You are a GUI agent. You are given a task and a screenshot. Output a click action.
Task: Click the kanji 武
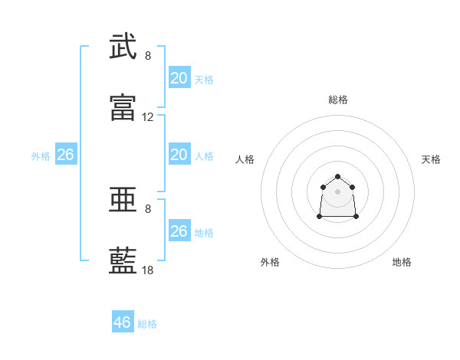click(x=123, y=46)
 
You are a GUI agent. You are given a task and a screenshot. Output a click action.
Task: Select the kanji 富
click(x=123, y=107)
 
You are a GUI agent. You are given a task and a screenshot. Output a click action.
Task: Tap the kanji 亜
click(x=123, y=199)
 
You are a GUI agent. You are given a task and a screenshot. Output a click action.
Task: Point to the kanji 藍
click(x=123, y=260)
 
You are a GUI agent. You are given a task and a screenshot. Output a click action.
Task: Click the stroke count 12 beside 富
click(x=147, y=117)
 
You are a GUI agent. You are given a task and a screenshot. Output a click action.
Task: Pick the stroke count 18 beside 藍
click(x=147, y=270)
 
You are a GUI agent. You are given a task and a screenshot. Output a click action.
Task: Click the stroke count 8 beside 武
click(x=148, y=56)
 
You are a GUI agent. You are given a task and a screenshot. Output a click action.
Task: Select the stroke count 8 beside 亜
click(x=148, y=209)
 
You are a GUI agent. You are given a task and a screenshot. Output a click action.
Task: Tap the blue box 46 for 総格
click(x=123, y=321)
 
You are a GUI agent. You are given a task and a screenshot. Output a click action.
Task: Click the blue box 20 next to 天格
click(x=179, y=77)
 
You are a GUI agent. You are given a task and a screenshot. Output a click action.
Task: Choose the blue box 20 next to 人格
click(x=179, y=154)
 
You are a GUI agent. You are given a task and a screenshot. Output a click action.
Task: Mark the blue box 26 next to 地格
click(x=179, y=230)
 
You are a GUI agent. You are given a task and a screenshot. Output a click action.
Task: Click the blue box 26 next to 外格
click(x=66, y=154)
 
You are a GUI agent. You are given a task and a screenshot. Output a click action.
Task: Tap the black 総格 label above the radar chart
click(x=338, y=100)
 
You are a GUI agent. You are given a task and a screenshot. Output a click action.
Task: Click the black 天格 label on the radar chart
click(x=431, y=159)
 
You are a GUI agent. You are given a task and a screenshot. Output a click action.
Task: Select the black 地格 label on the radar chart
click(x=402, y=262)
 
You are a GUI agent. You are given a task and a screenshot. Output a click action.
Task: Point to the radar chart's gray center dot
click(x=337, y=191)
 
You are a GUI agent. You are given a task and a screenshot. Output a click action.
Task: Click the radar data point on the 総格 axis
click(x=337, y=176)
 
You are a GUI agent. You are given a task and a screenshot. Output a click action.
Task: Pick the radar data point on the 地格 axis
click(x=356, y=217)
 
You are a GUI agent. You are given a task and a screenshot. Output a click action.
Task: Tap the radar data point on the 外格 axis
click(x=320, y=217)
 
